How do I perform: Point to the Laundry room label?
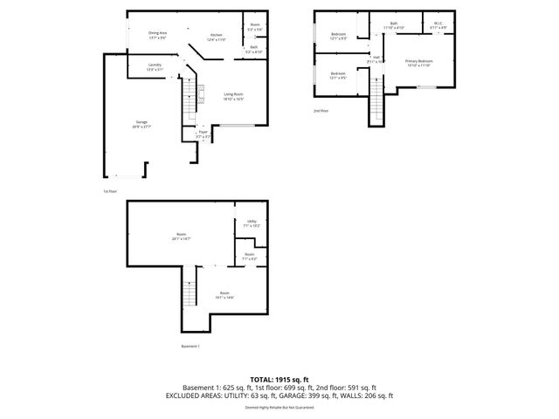(155, 66)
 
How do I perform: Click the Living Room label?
(233, 96)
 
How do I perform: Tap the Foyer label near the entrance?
(203, 134)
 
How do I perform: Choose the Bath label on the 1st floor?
(254, 49)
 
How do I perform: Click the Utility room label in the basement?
(252, 223)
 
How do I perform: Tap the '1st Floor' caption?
(109, 190)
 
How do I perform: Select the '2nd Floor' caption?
(321, 111)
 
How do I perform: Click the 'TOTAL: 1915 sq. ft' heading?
(279, 379)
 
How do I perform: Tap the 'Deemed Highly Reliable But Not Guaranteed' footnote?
(279, 407)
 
